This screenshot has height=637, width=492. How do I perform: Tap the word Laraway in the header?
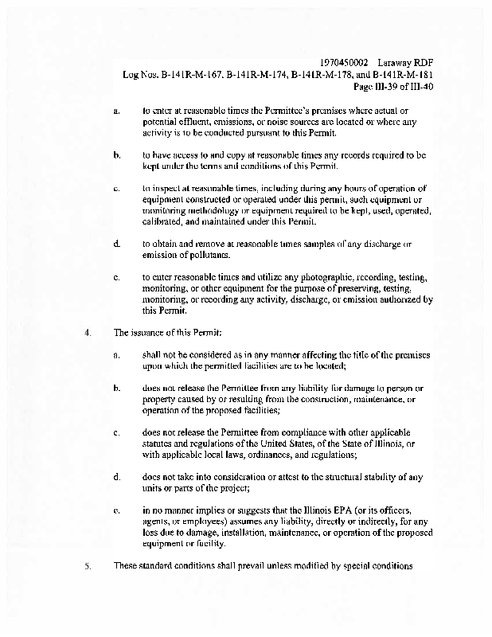coord(398,62)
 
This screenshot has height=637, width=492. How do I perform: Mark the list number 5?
coord(86,566)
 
